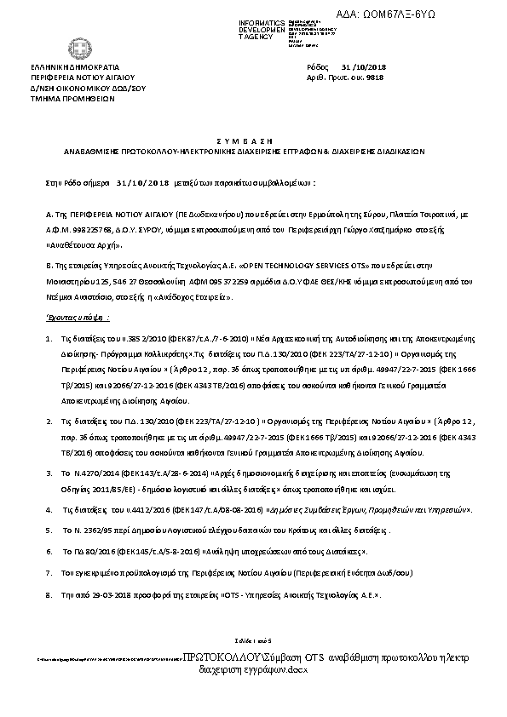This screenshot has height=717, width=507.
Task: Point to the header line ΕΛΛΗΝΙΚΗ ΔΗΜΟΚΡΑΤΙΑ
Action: [x=75, y=66]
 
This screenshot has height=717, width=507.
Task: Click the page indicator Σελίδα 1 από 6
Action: [x=253, y=640]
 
